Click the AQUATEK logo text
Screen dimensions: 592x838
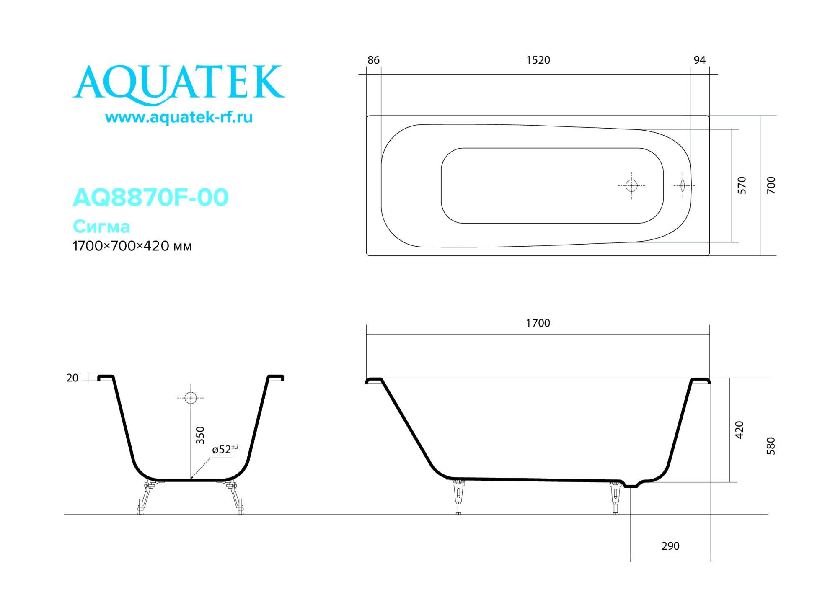[179, 82]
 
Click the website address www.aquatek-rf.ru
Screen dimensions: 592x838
[179, 117]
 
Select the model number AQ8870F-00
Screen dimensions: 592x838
[150, 197]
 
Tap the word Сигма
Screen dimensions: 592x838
[101, 227]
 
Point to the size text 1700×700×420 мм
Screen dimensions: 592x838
[132, 246]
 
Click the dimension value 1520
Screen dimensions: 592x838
[538, 60]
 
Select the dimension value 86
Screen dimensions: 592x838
[373, 60]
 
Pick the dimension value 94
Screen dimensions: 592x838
[699, 60]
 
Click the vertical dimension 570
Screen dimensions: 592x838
[742, 185]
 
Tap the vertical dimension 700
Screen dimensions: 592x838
[771, 185]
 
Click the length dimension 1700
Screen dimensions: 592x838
[538, 323]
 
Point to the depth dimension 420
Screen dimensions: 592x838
[740, 430]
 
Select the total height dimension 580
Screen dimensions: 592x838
[771, 446]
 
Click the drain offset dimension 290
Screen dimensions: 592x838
[670, 546]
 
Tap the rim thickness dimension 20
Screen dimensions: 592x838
[72, 378]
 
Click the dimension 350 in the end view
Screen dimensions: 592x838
[200, 435]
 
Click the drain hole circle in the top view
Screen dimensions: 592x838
[631, 185]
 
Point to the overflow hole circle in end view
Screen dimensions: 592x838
[191, 398]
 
